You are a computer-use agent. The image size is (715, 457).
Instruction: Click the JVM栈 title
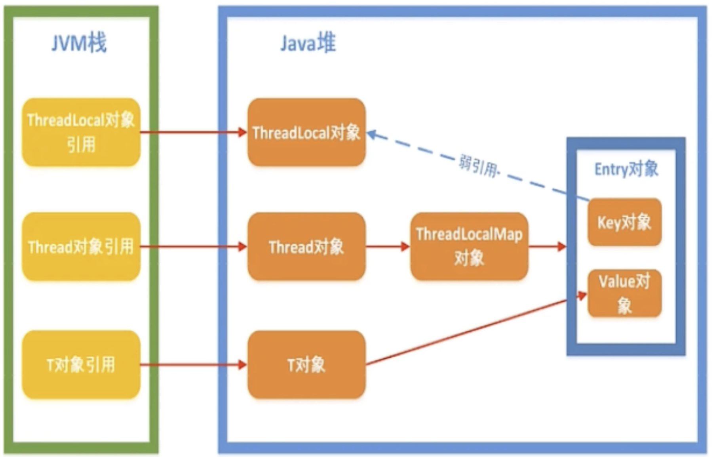click(x=79, y=42)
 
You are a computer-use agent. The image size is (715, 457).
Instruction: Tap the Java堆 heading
click(x=308, y=43)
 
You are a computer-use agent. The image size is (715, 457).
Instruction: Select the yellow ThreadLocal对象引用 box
click(x=81, y=132)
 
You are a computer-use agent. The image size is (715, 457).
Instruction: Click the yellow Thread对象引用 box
click(x=81, y=247)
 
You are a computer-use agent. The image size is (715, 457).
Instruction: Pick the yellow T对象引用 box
click(x=81, y=365)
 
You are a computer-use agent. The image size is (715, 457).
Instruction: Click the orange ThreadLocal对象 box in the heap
click(x=306, y=132)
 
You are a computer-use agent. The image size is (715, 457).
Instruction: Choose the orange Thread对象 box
click(x=306, y=247)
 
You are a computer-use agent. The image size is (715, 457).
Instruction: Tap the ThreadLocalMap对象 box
click(x=469, y=246)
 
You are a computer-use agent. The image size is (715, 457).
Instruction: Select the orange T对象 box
click(x=306, y=365)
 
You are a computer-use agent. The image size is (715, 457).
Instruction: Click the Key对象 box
click(x=624, y=222)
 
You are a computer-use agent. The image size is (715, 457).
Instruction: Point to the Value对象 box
click(x=624, y=293)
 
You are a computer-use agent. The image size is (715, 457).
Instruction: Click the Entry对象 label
click(x=626, y=169)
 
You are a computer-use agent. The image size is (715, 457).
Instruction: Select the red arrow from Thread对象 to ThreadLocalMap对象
click(x=387, y=247)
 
